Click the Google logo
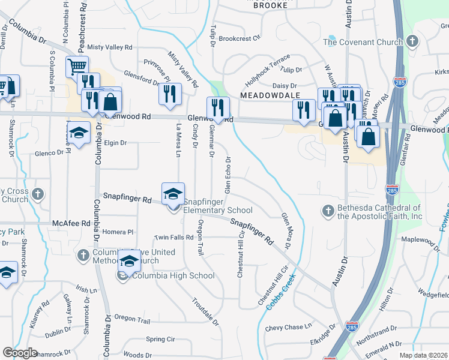20,352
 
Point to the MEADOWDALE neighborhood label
266,95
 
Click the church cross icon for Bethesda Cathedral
328,211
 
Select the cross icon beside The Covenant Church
412,41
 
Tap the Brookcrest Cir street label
240,38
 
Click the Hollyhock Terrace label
268,71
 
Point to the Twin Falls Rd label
173,238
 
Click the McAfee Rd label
71,223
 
